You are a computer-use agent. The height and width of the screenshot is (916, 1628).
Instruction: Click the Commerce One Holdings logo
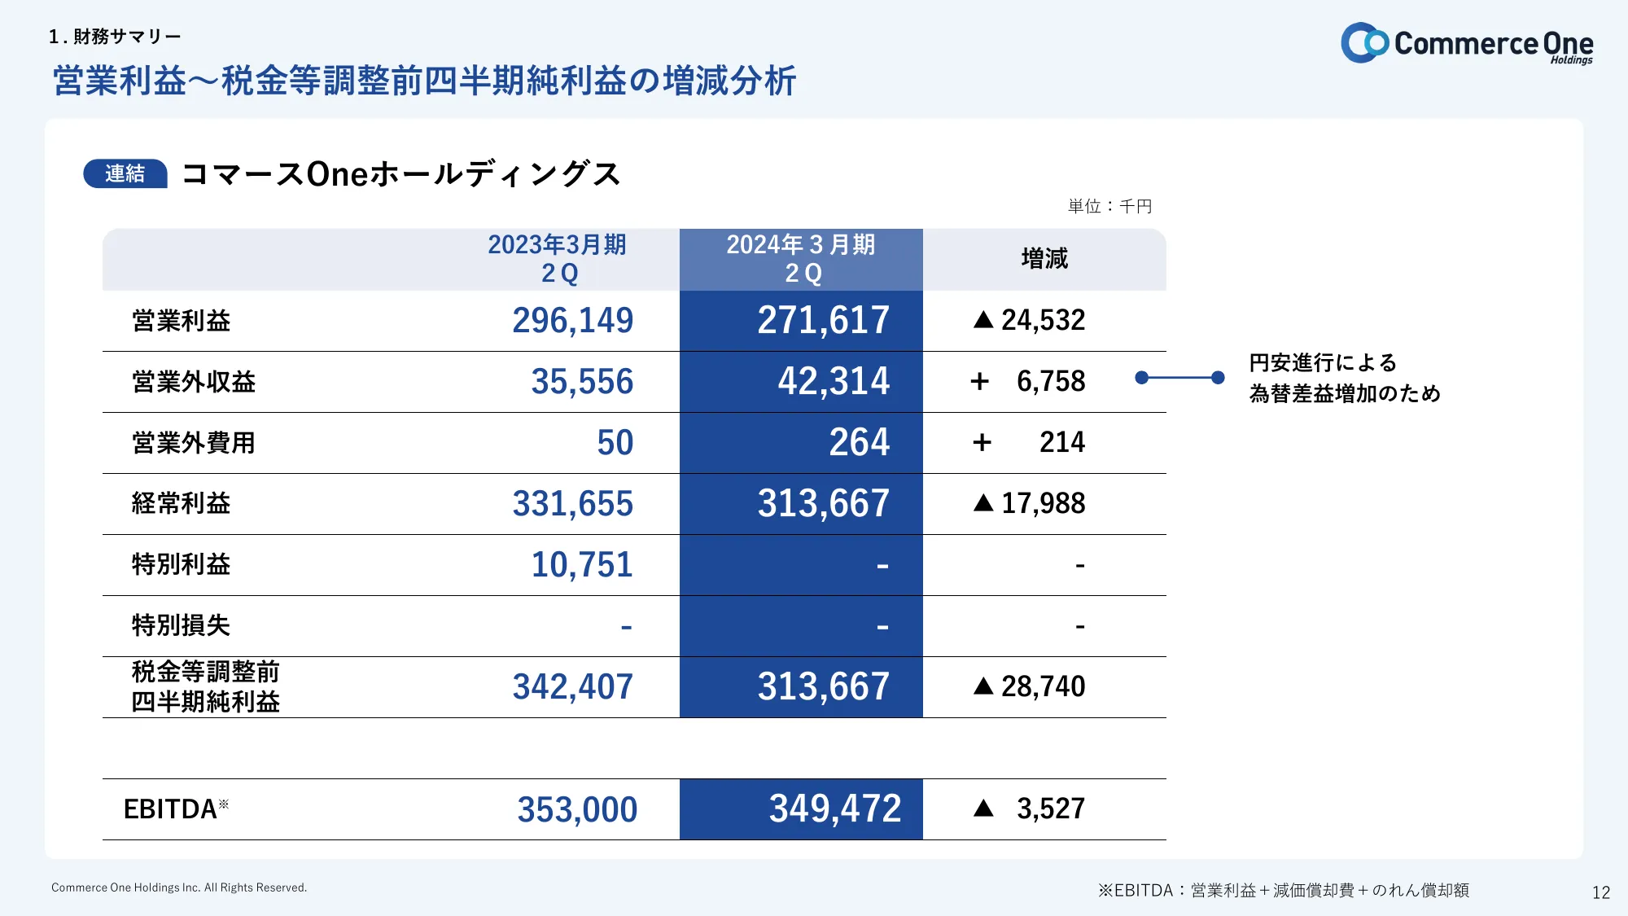[1467, 43]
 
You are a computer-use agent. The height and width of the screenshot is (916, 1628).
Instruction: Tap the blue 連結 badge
[125, 173]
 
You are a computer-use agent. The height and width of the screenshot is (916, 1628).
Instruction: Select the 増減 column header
[1044, 259]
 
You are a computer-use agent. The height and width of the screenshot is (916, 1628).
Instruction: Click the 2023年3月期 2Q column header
[558, 259]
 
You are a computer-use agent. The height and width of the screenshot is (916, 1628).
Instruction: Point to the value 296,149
[572, 321]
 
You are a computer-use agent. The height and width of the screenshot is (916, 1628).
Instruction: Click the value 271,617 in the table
[823, 321]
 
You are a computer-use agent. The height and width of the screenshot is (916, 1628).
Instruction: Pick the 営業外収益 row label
[194, 382]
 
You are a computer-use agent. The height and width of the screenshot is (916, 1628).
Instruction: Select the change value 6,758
[1050, 381]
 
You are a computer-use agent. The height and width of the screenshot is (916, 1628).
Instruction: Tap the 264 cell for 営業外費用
[859, 443]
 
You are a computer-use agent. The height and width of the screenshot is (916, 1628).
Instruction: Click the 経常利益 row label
[181, 504]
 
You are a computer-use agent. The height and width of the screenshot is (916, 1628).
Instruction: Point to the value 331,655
[572, 504]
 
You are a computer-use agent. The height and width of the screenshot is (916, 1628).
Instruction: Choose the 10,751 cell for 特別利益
[581, 565]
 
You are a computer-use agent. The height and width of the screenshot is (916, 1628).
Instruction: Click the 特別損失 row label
[181, 625]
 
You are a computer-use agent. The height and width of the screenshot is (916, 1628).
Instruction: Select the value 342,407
[572, 687]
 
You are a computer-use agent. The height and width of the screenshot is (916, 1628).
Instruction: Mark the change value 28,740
[1043, 687]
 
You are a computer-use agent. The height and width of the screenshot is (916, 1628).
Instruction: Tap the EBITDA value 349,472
[834, 809]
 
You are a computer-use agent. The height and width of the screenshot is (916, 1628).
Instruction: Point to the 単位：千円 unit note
[1109, 207]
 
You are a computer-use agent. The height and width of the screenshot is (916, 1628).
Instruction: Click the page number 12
[1600, 893]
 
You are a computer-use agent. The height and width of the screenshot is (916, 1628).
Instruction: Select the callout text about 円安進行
[1344, 378]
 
